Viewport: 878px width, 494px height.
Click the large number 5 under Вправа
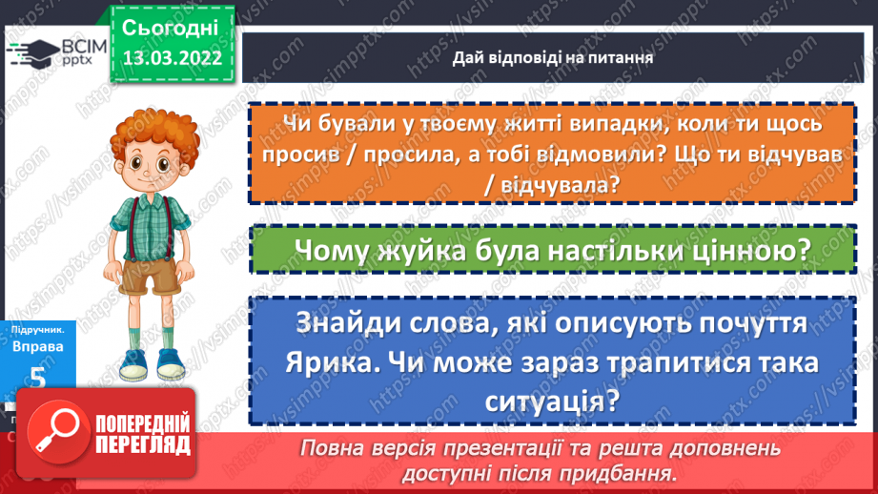38,377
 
